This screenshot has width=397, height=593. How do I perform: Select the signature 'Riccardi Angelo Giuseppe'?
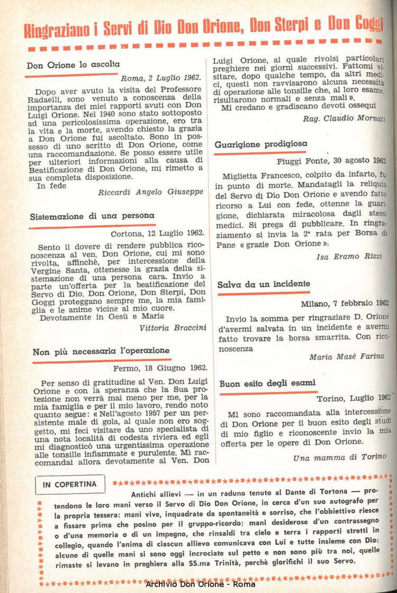point(150,192)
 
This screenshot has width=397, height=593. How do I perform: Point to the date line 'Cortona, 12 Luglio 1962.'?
point(157,233)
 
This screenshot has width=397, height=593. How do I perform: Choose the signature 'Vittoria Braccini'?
point(172,327)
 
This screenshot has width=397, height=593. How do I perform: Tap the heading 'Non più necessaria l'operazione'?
point(101,351)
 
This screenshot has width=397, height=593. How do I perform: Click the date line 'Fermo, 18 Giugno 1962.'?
point(160,368)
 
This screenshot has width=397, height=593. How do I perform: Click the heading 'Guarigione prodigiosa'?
point(262,144)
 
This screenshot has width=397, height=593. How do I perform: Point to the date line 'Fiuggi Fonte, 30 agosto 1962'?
point(331,161)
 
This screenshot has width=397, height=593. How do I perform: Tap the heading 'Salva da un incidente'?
point(264,285)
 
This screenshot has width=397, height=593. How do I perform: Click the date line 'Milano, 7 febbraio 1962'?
point(345,303)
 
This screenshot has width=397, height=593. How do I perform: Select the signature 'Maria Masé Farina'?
point(346,357)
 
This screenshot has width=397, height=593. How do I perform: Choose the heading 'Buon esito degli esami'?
point(267,383)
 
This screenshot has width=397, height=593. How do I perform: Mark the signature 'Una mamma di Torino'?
point(339,457)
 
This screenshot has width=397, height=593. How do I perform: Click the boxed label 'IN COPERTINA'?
point(70,483)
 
